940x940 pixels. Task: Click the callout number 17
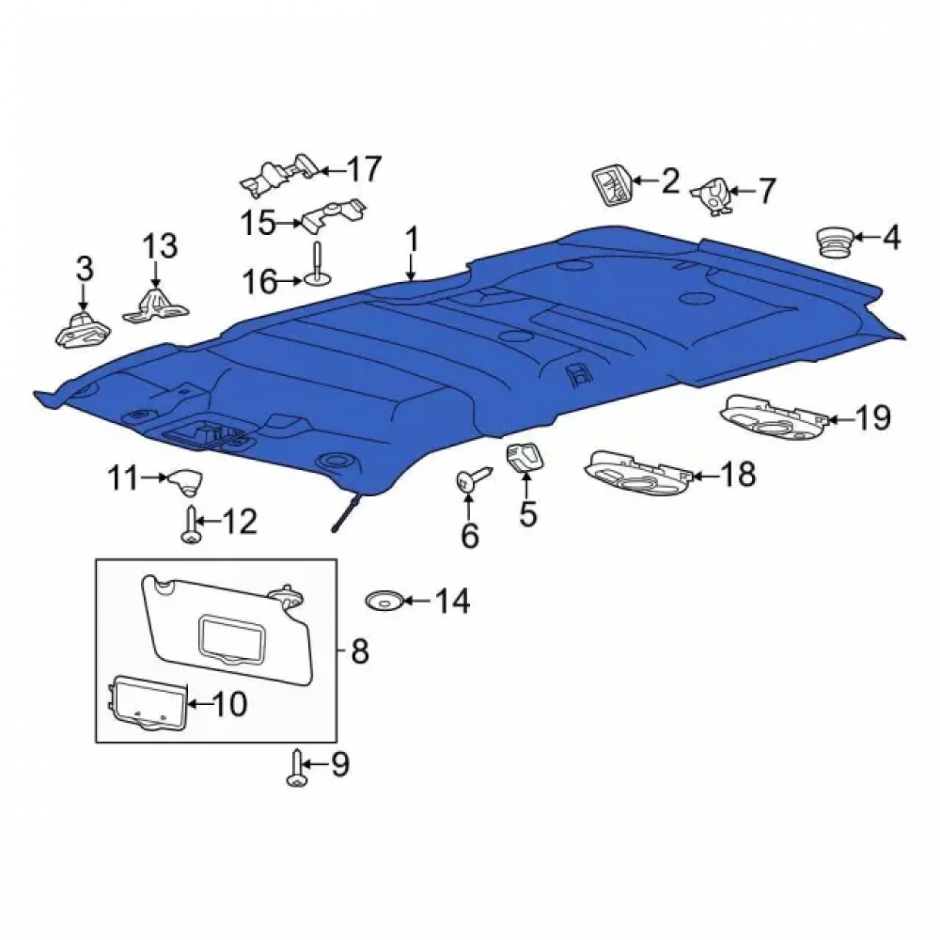[x=363, y=169]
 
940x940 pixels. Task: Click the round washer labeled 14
[x=384, y=600]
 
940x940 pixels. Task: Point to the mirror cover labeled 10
[x=148, y=704]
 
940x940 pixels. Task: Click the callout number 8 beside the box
[x=359, y=651]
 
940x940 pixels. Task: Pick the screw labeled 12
[x=191, y=525]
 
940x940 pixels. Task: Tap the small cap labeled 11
[x=185, y=480]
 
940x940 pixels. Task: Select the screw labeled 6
[x=473, y=478]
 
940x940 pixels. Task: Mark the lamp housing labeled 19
[x=775, y=415]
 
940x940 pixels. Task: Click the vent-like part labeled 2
[x=612, y=186]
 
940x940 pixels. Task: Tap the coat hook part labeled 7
[x=713, y=196]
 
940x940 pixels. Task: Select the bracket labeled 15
[x=334, y=216]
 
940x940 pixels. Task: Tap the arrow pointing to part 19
[x=841, y=418]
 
